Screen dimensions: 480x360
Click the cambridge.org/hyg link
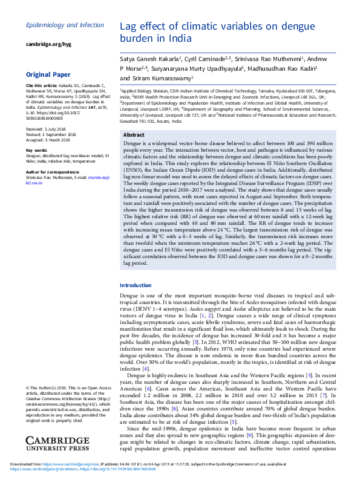pyautogui.click(x=48, y=45)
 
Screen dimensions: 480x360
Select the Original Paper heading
pyautogui.click(x=48, y=74)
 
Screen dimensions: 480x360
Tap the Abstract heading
pyautogui.click(x=133, y=134)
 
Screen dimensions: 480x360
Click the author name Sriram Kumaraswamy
pyautogui.click(x=164, y=78)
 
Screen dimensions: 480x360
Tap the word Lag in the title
pyautogui.click(x=129, y=27)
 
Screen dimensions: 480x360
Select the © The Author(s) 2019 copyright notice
pyautogui.click(x=49, y=387)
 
